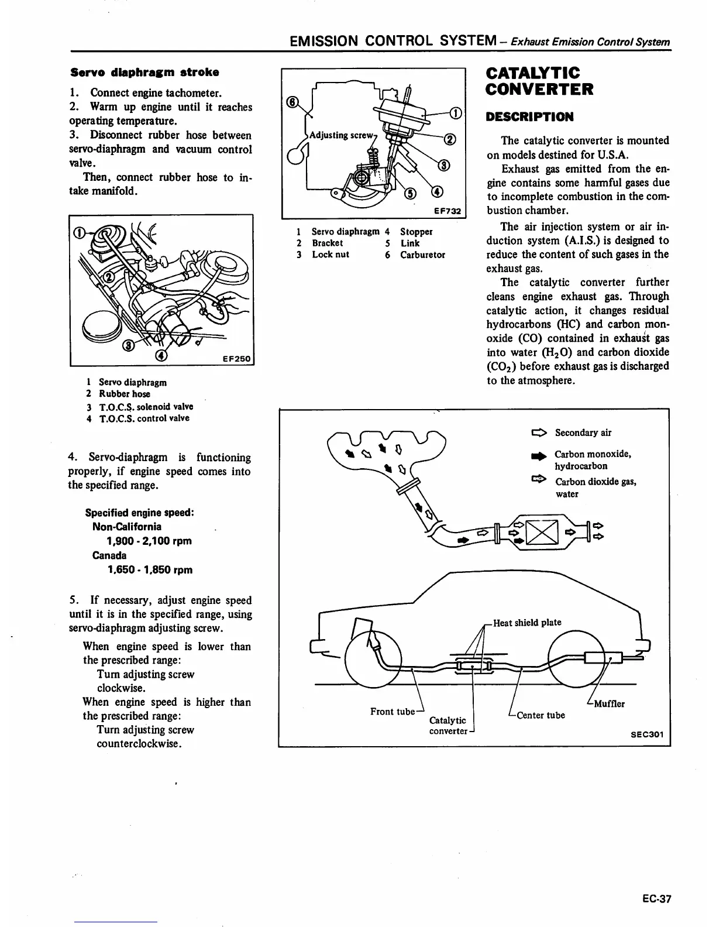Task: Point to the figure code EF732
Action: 447,211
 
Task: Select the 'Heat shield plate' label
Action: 527,623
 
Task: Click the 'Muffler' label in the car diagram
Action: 609,704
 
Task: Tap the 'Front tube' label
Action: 393,712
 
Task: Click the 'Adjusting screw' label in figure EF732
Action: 340,135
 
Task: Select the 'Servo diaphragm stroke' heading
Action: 144,73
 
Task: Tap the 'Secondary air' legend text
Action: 583,433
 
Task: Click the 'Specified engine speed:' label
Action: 139,513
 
